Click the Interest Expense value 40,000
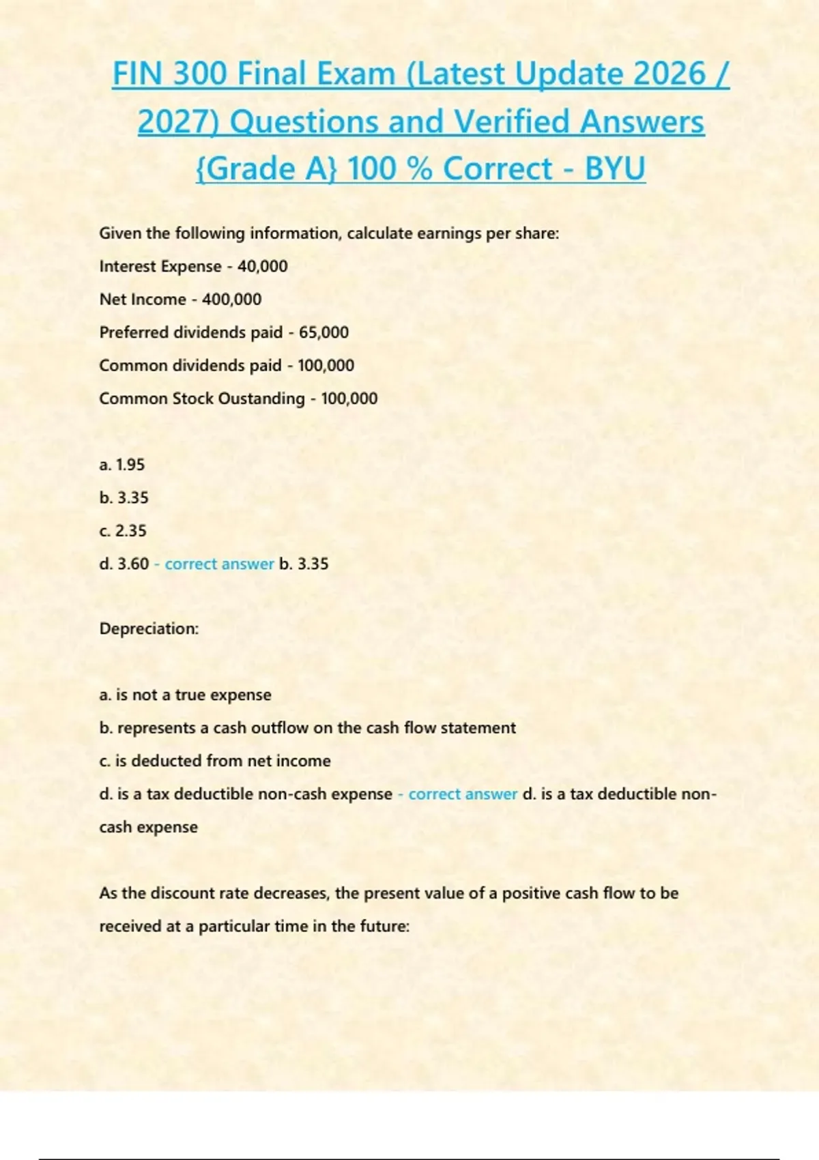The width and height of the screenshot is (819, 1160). [x=262, y=266]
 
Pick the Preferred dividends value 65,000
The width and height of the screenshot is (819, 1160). [x=324, y=332]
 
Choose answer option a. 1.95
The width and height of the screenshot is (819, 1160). [x=122, y=465]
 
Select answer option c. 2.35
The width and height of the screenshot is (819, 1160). [x=123, y=531]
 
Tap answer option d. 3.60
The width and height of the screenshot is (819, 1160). [x=124, y=564]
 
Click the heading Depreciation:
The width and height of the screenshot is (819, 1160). [x=149, y=628]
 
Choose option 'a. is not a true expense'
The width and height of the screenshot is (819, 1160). [x=185, y=695]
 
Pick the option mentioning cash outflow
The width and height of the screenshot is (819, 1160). [x=307, y=728]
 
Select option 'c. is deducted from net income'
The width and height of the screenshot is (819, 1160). [x=215, y=761]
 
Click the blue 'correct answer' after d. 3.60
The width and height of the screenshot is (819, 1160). [x=219, y=564]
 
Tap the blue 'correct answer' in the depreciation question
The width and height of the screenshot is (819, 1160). [x=463, y=794]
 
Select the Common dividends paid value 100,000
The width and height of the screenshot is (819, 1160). [x=326, y=366]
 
